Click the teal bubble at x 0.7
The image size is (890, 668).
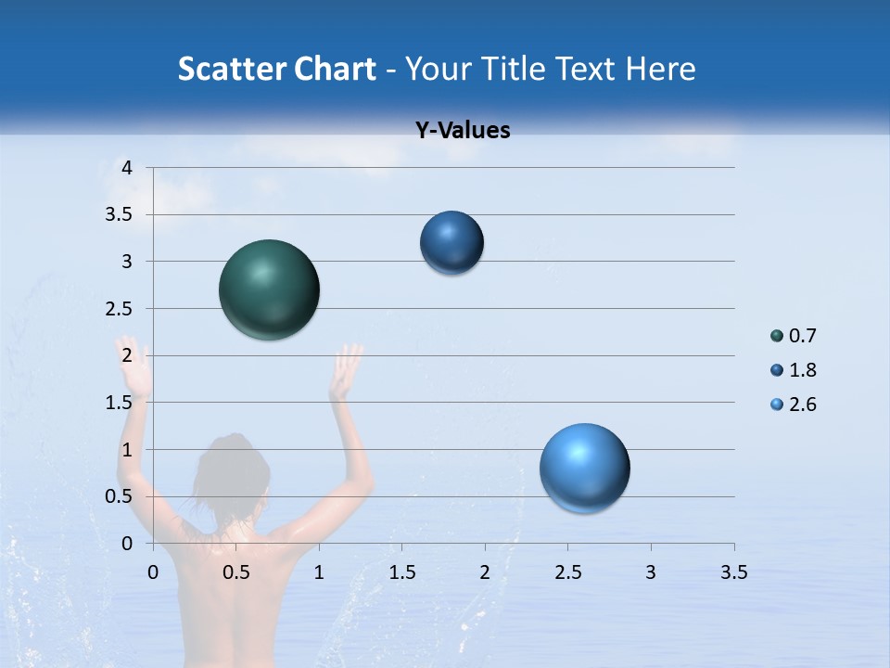[x=269, y=289]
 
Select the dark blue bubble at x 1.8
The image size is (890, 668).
[x=451, y=242]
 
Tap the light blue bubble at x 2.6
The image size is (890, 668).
[x=584, y=469]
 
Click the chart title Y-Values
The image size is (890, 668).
[x=463, y=131]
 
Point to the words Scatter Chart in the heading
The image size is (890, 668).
[x=276, y=69]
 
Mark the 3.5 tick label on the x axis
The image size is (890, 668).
[x=733, y=572]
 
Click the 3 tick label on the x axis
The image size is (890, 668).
[x=651, y=572]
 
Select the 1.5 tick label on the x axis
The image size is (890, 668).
[x=401, y=572]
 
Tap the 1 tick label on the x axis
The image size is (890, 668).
[x=319, y=572]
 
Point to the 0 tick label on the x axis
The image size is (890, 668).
[x=153, y=572]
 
